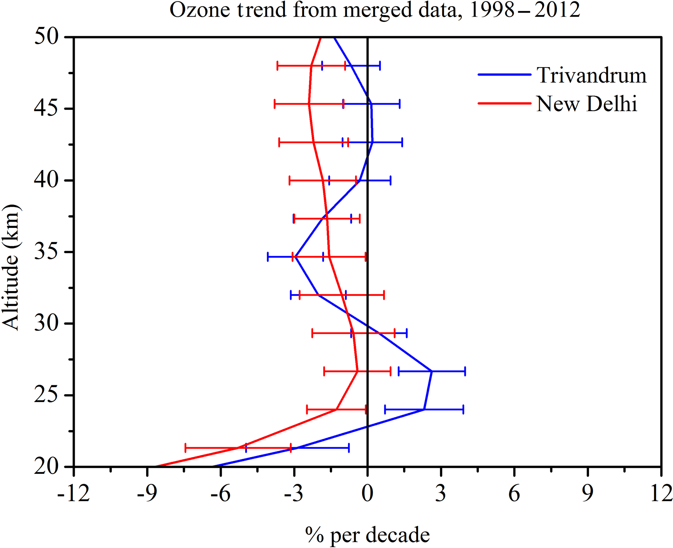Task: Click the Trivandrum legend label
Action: (591, 76)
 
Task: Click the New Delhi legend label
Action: (586, 104)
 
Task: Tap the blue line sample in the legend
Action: (504, 75)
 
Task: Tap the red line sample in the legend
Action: (504, 103)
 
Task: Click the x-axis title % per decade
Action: (367, 535)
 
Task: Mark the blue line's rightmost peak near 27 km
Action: (432, 371)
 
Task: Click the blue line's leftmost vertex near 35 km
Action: (295, 257)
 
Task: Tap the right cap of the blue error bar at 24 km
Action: (463, 409)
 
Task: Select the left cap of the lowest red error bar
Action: (185, 448)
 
